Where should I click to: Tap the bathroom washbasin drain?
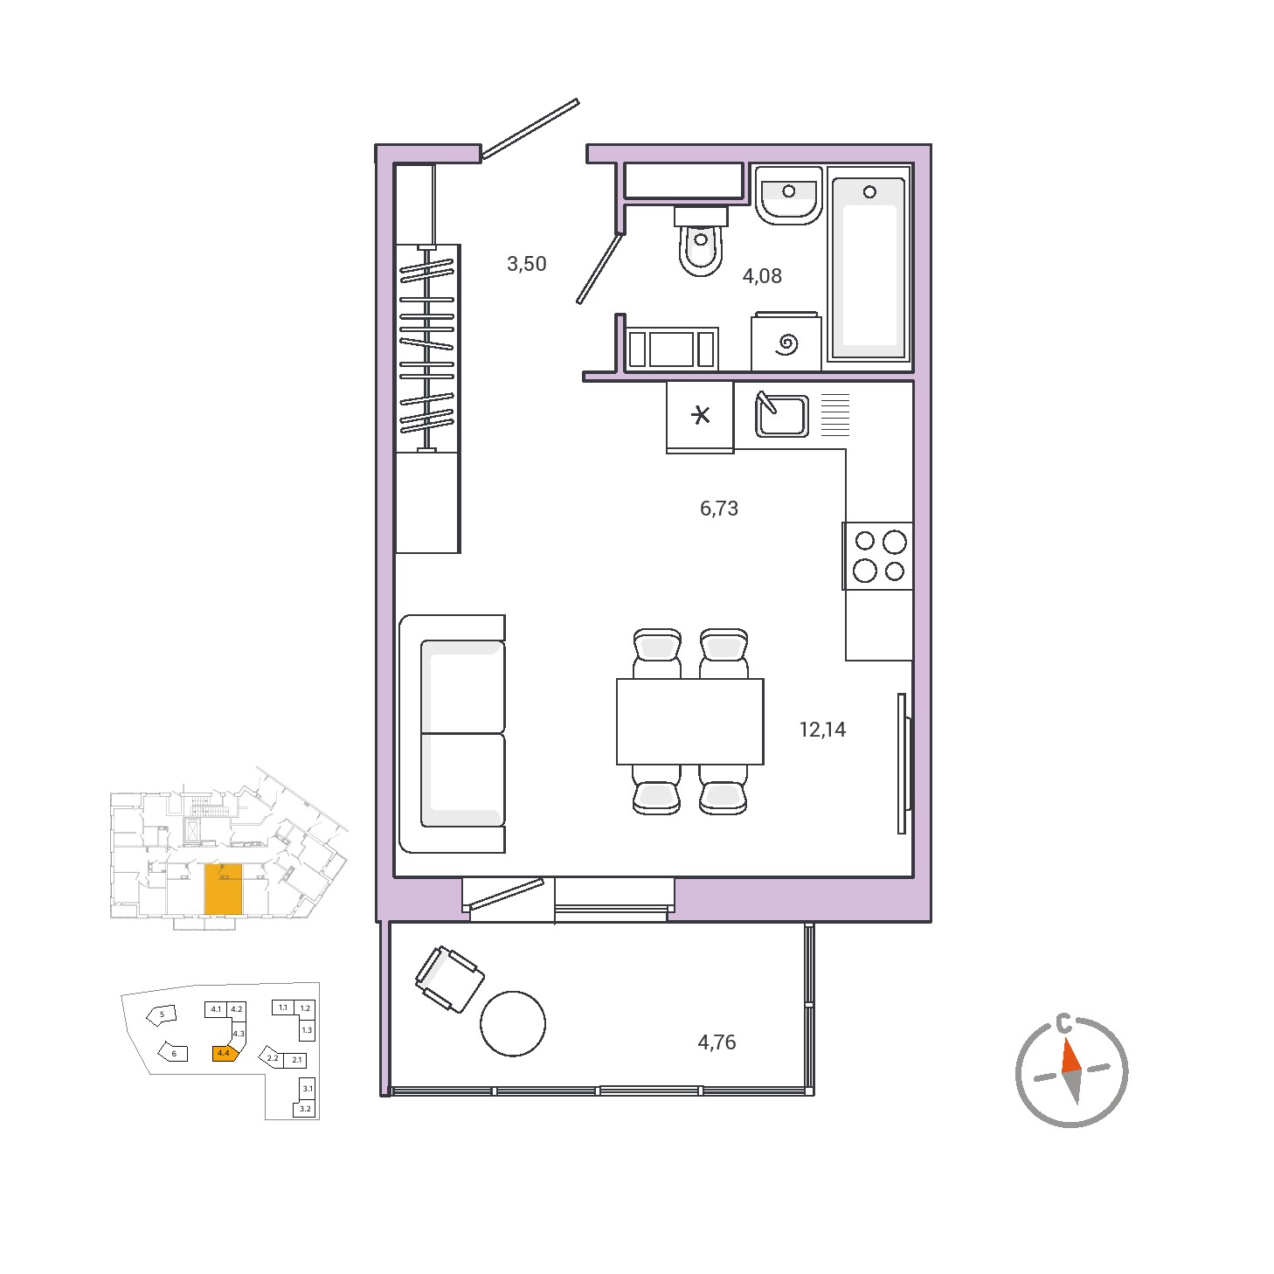point(789,191)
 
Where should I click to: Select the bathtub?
point(869,267)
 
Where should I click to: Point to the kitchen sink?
point(782,415)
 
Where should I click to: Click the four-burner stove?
point(878,556)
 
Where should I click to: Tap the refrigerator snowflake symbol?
point(700,415)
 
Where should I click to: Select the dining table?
point(689,721)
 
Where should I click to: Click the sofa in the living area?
point(453,734)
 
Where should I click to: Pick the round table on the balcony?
point(513,1023)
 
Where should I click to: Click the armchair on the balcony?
point(449,980)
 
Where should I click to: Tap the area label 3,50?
point(526,264)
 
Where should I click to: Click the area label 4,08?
point(762,276)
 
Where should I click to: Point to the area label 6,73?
point(718,509)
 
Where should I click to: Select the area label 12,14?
point(822,730)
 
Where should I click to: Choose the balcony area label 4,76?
point(717,1042)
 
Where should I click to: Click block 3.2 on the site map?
point(306,1109)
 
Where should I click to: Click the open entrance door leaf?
point(530,129)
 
